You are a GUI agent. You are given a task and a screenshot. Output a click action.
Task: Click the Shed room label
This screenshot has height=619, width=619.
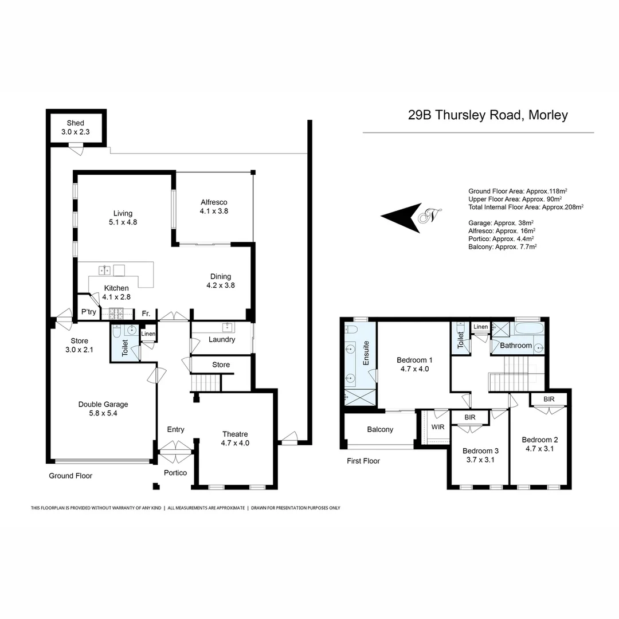pyautogui.click(x=75, y=123)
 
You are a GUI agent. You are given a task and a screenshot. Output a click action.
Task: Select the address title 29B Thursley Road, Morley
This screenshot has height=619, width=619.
pyautogui.click(x=488, y=115)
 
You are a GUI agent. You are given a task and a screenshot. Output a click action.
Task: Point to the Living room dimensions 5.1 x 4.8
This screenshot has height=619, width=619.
pyautogui.click(x=123, y=222)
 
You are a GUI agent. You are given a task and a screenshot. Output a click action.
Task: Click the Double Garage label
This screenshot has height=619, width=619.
pyautogui.click(x=103, y=404)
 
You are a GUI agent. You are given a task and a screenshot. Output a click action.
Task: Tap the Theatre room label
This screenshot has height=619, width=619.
pyautogui.click(x=235, y=434)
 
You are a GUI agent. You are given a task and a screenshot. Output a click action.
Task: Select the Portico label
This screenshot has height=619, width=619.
pyautogui.click(x=175, y=473)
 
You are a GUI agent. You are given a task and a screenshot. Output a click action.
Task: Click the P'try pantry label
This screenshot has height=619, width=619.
pyautogui.click(x=88, y=312)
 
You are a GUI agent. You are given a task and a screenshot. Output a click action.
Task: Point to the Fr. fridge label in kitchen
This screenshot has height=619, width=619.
pyautogui.click(x=146, y=314)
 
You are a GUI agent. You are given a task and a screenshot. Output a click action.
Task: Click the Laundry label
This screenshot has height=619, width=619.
pyautogui.click(x=221, y=339)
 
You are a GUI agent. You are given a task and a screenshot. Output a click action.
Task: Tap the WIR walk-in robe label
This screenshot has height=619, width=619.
pyautogui.click(x=437, y=428)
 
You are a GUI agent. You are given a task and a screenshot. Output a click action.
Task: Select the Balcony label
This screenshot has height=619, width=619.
pyautogui.click(x=379, y=429)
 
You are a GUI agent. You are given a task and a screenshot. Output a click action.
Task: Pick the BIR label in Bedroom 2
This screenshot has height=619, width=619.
pyautogui.click(x=549, y=398)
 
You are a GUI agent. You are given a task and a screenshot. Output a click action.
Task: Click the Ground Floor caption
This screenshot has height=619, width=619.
pyautogui.click(x=70, y=476)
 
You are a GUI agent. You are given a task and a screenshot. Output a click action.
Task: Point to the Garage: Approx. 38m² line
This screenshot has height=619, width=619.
pyautogui.click(x=501, y=222)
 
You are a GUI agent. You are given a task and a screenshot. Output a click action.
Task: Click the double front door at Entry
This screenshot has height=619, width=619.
pyautogui.click(x=175, y=451)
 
